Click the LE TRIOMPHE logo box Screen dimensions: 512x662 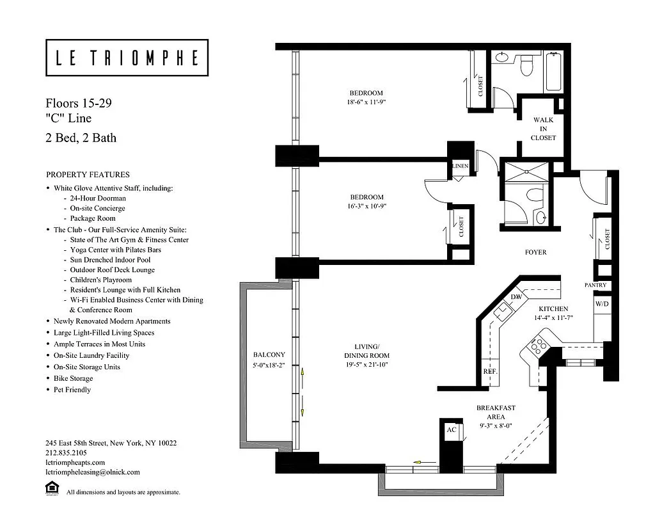[127, 58]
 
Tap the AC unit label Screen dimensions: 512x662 [452, 429]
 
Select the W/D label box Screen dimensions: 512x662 [602, 304]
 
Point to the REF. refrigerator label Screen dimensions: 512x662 [491, 372]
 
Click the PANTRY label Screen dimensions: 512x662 [595, 285]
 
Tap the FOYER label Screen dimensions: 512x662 [535, 252]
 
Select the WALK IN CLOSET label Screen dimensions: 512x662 [543, 129]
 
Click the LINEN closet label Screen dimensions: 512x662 [461, 166]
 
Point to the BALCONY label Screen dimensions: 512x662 [269, 355]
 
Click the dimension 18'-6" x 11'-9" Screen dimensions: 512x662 [366, 102]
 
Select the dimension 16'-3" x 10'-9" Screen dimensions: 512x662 [366, 206]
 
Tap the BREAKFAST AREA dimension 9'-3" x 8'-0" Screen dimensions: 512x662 [496, 426]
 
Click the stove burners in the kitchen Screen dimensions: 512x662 [536, 344]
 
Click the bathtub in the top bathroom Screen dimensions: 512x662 [553, 72]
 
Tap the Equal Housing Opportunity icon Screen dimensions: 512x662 [52, 490]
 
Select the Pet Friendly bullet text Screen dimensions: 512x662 [72, 390]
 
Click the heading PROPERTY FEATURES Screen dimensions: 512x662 [88, 175]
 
